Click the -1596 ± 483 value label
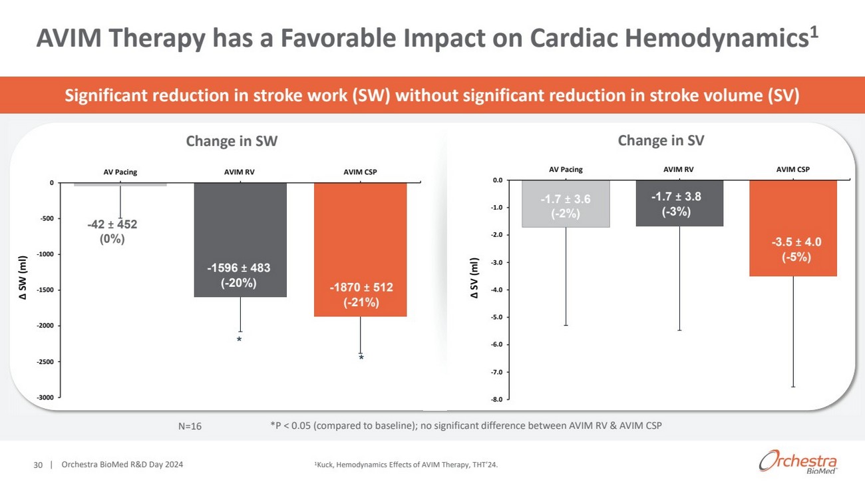[239, 275]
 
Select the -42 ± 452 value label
[112, 231]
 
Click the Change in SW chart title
[232, 140]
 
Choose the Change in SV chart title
[661, 140]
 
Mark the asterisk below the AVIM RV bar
[239, 340]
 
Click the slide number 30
[38, 465]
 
